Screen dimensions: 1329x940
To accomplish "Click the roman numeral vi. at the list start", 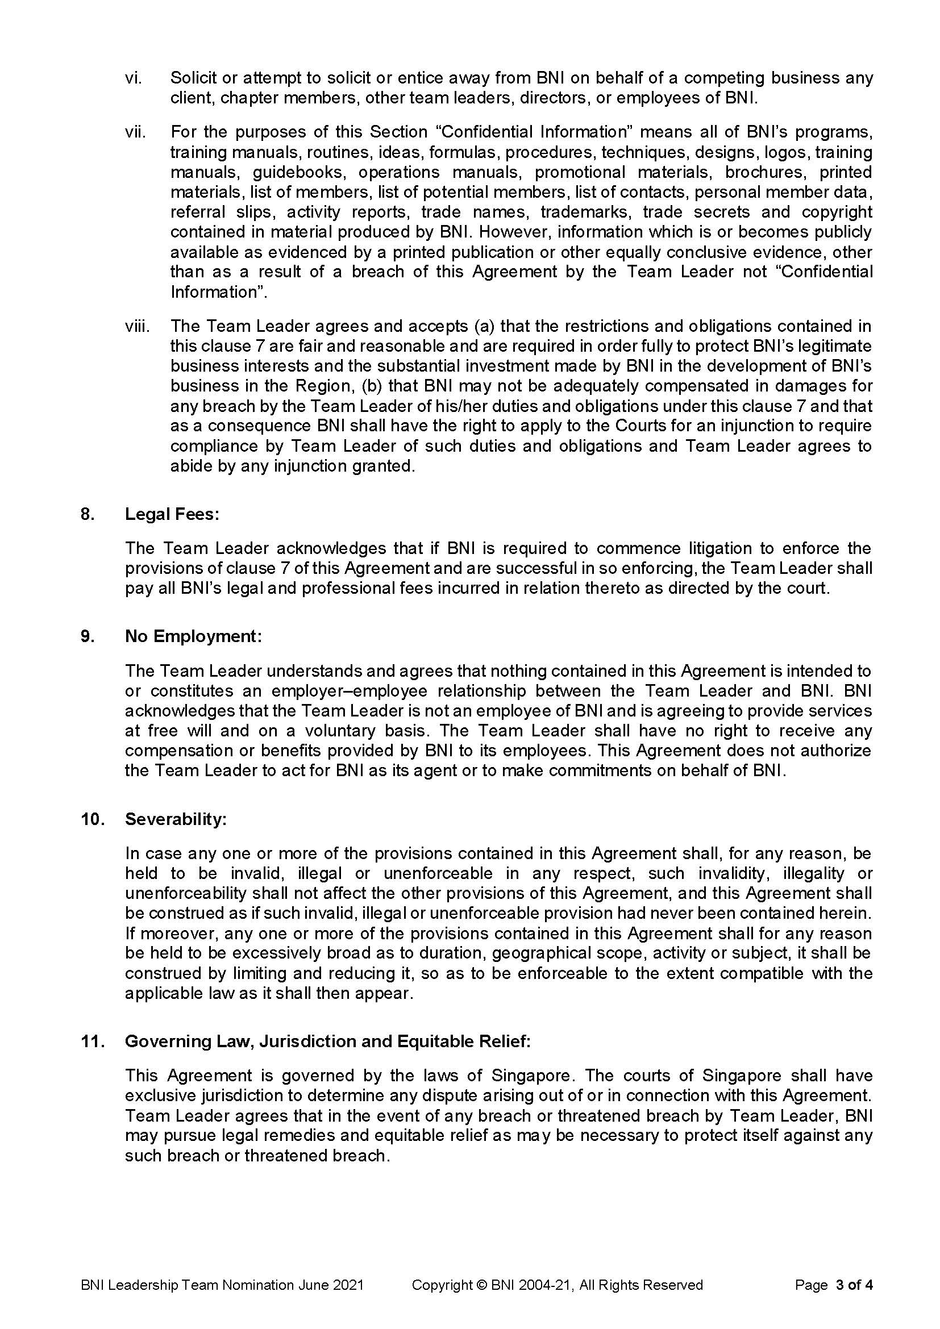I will pos(133,78).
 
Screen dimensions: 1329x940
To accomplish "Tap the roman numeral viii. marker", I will pos(137,327).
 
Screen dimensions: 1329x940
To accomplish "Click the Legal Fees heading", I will pos(172,514).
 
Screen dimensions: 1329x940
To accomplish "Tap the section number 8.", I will pos(87,514).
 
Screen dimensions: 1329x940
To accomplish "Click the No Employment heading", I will pos(193,636).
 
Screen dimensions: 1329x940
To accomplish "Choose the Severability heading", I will pos(176,819).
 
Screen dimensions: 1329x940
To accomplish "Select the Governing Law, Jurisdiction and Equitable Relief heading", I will pos(327,1041).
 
